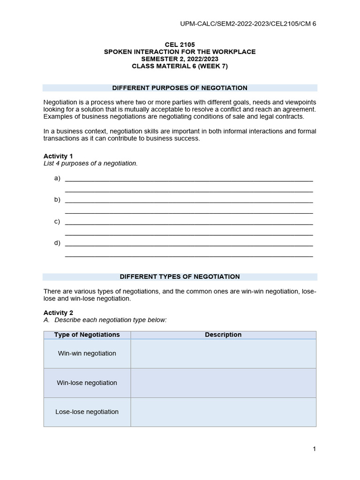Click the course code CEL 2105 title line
[x=180, y=45]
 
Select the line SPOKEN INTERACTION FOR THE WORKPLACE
[x=180, y=52]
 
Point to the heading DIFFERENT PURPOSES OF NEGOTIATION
[x=180, y=88]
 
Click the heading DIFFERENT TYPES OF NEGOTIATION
[x=180, y=277]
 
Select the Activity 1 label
[x=58, y=156]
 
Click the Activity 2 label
[x=58, y=312]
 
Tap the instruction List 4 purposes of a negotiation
[x=90, y=163]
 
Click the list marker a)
[x=57, y=178]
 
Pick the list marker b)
[x=57, y=200]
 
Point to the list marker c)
[x=57, y=221]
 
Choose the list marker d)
[x=57, y=243]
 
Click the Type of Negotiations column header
[x=87, y=335]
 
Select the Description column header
[x=223, y=335]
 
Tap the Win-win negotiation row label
[x=87, y=353]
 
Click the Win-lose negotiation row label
[x=87, y=382]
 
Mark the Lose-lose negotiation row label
[x=87, y=412]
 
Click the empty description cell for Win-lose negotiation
[x=223, y=382]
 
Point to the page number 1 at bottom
[x=314, y=449]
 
